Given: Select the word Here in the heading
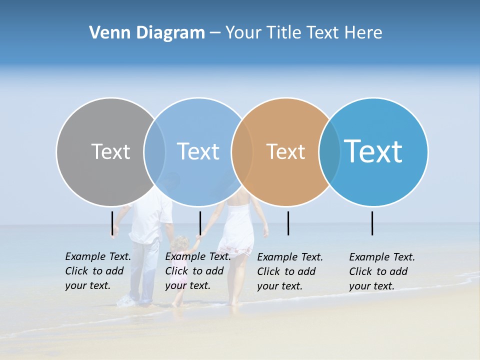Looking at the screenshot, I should click(363, 33).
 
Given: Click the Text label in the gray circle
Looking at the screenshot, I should click(110, 151).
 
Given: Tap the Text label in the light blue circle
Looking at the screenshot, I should click(198, 151).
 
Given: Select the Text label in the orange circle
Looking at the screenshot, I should click(285, 151).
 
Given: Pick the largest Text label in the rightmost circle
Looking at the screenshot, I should click(373, 151).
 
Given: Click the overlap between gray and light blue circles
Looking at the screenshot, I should click(154, 151).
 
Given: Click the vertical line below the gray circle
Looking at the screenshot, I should click(112, 223).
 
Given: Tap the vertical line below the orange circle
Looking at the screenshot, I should click(288, 223).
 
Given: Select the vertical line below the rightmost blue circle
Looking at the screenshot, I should click(372, 223).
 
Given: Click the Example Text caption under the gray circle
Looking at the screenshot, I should click(97, 271).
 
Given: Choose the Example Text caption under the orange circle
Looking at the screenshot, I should click(289, 271).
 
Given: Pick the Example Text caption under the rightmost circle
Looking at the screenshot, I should click(381, 271).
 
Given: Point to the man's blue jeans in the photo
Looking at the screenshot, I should click(145, 280).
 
